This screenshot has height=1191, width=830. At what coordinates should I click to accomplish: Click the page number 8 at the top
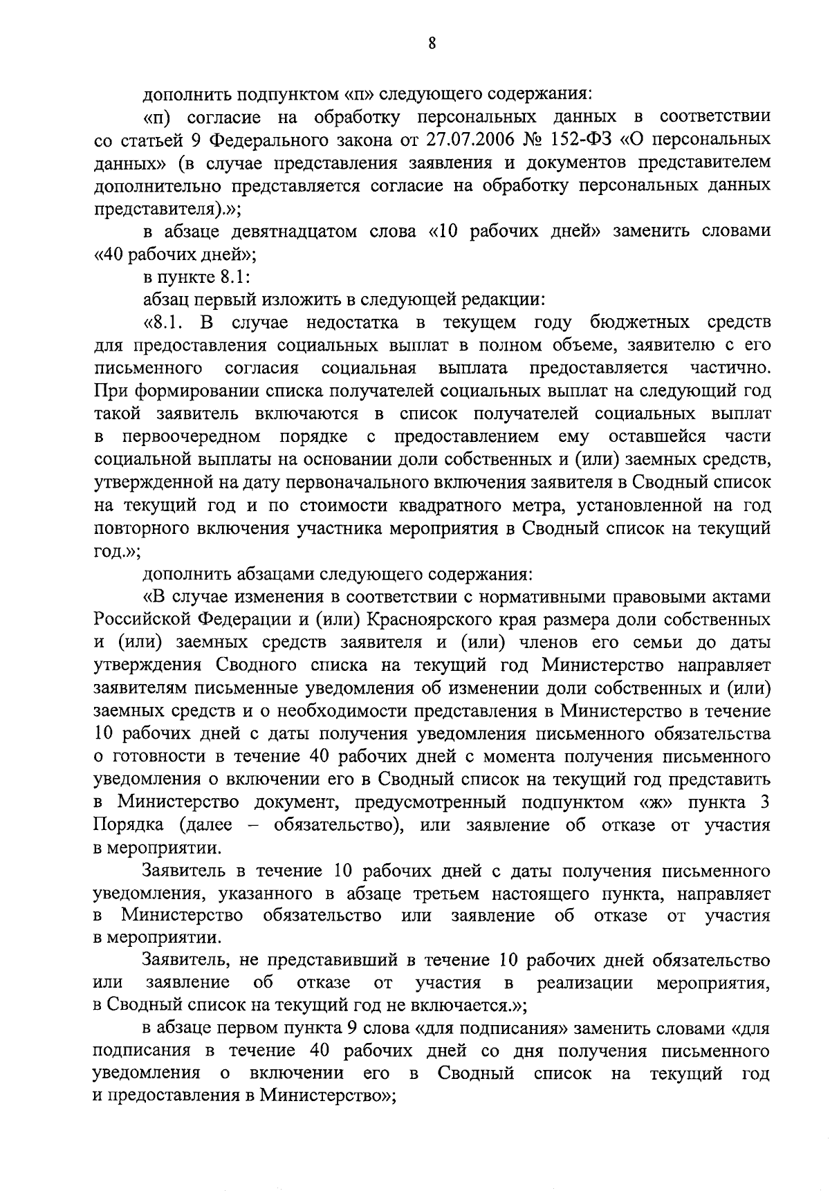point(432,43)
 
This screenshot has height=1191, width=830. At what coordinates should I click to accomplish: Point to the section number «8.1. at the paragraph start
point(165,323)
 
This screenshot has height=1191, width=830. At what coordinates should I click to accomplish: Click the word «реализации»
point(586,985)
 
